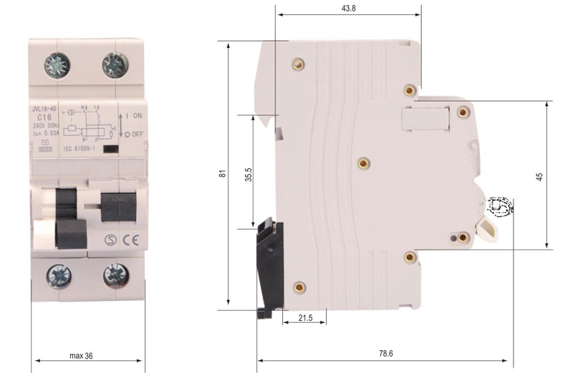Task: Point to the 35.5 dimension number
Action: click(x=247, y=176)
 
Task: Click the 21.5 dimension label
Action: click(x=304, y=317)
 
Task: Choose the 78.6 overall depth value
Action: click(x=385, y=353)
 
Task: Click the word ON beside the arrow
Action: click(x=138, y=115)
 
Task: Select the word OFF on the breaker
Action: click(x=138, y=134)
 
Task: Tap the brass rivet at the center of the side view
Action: click(x=364, y=163)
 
